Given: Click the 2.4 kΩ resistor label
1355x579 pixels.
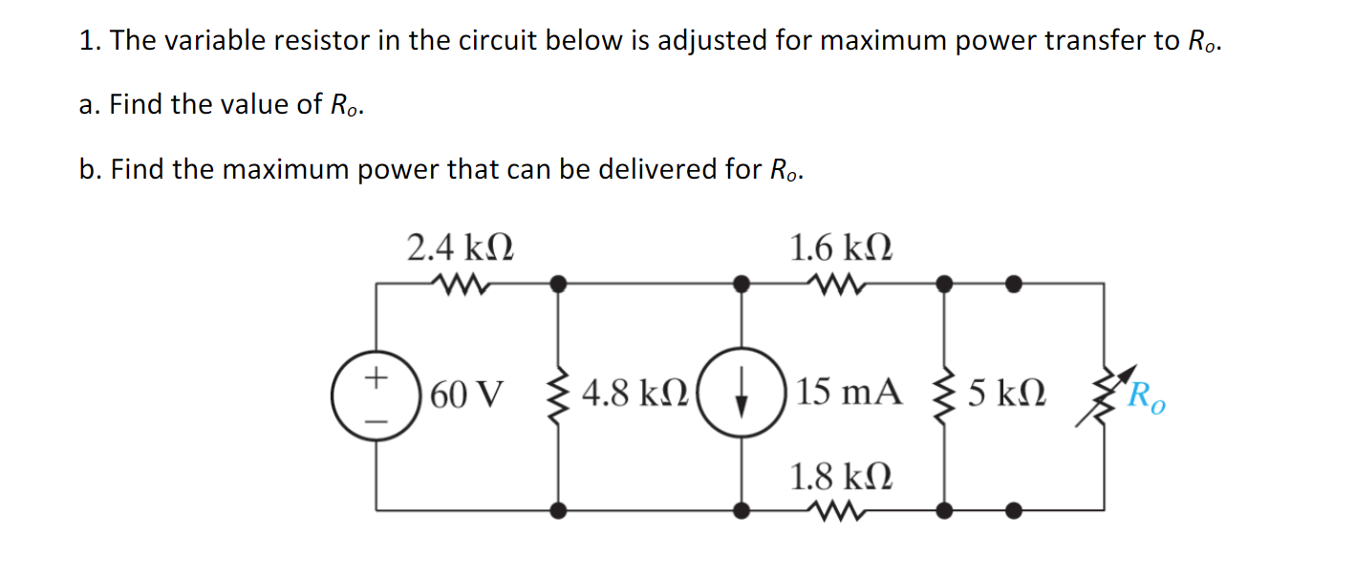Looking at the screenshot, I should coord(460,248).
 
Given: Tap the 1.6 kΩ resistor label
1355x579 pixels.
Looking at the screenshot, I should coord(841,248).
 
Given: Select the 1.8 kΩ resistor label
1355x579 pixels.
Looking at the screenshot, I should coord(841,475).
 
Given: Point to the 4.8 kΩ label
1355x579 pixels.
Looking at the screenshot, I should coord(633,394).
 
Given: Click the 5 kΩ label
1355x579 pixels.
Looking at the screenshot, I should coord(1005,394).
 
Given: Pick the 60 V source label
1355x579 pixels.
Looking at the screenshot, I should coord(466,394).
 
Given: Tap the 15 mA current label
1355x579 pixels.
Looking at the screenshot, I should coord(850,394).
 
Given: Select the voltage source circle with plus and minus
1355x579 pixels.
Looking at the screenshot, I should coord(376,396).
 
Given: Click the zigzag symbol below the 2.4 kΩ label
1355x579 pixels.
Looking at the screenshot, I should coord(460,283).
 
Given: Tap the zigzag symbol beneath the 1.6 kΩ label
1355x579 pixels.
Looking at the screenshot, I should coord(841,283).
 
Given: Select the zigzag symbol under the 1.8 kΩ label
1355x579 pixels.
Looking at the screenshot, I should coord(841,511).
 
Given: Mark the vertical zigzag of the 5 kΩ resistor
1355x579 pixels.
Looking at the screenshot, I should coord(943,396).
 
